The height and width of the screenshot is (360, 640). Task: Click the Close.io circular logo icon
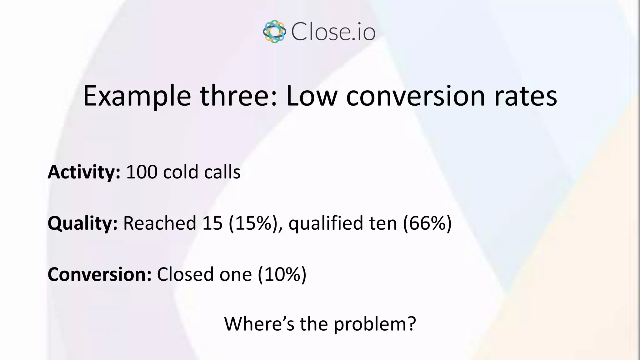(x=274, y=32)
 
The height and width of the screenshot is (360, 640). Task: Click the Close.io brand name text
(x=333, y=32)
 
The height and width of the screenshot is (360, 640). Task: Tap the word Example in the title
(x=137, y=96)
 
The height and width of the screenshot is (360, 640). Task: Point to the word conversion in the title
(x=416, y=96)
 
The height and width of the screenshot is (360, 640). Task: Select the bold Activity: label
(x=84, y=172)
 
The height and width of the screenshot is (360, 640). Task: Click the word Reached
(x=160, y=223)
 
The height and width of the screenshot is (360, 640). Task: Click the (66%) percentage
(x=427, y=223)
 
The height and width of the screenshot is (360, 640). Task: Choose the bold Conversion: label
(x=99, y=274)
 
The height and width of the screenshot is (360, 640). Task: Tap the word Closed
(x=185, y=274)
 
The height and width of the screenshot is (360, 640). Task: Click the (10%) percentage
(x=282, y=274)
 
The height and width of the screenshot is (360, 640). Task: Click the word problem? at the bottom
(x=375, y=324)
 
